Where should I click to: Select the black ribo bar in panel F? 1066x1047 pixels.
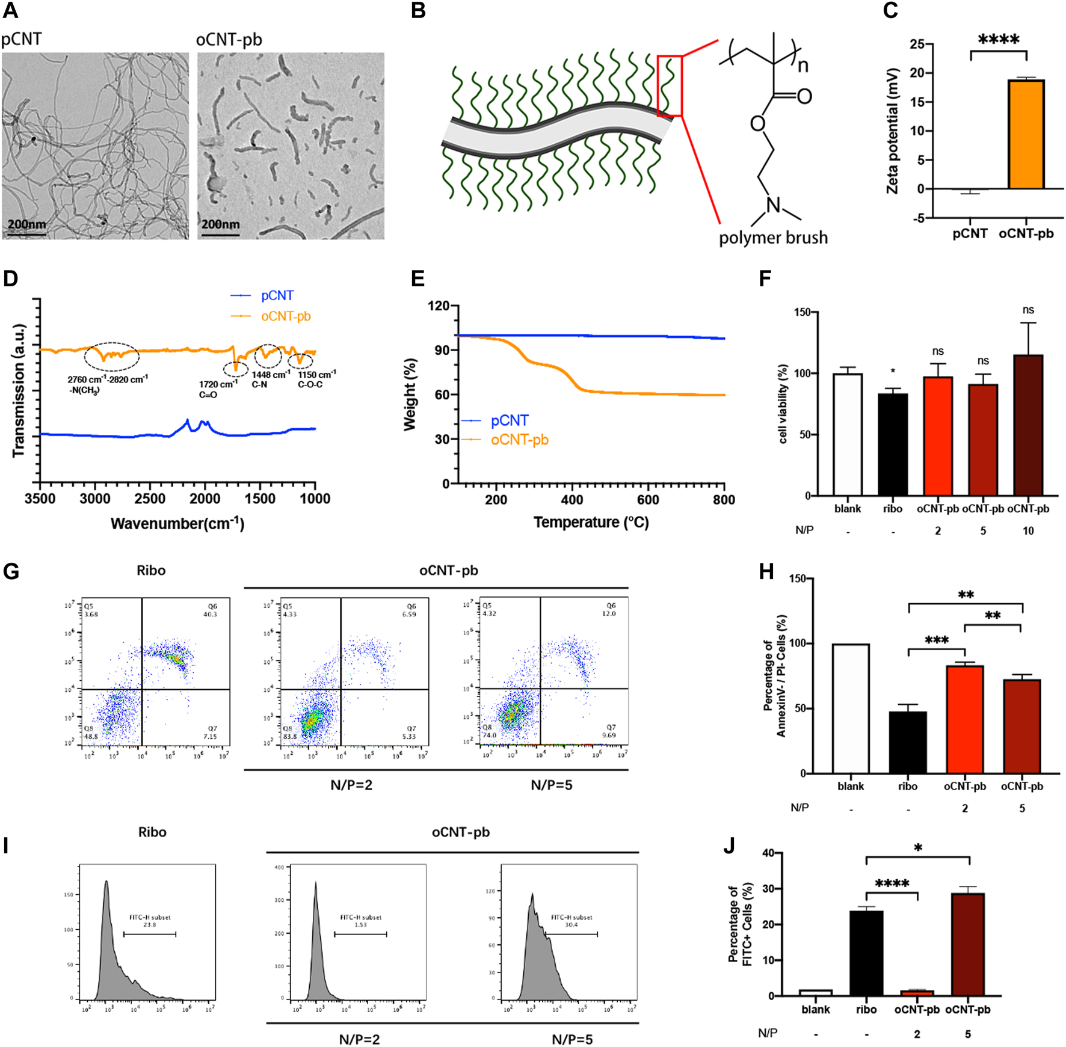893,444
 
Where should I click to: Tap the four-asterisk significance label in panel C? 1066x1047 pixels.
999,40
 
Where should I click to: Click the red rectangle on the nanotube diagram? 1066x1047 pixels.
670,85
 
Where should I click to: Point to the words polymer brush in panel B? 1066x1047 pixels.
773,238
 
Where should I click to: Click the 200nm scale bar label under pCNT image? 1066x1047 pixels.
26,224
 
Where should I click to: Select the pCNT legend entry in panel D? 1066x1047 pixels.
277,295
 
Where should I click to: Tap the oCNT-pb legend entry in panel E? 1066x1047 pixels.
519,440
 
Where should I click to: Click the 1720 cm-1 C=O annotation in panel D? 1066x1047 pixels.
218,389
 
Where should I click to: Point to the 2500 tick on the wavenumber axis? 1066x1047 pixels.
150,499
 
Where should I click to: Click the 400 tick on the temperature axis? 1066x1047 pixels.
572,500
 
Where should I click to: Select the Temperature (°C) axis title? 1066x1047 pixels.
591,522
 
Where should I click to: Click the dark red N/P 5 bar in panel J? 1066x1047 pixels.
967,944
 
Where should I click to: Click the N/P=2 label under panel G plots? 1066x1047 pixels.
351,785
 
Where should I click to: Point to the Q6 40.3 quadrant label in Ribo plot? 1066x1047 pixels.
210,610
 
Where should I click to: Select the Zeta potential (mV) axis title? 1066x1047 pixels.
892,131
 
